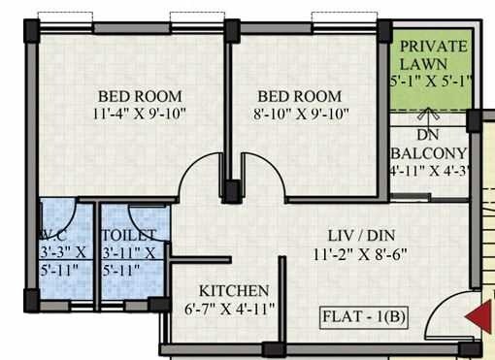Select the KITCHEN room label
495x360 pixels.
click(x=233, y=291)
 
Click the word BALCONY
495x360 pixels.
click(x=428, y=154)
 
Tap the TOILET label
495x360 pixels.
click(x=128, y=236)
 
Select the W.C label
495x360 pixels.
click(x=55, y=236)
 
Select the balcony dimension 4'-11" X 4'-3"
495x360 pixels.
click(x=428, y=172)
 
